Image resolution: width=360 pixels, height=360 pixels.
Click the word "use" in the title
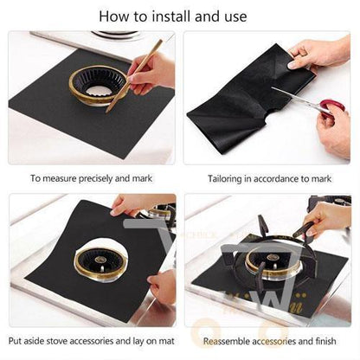[x=234, y=16]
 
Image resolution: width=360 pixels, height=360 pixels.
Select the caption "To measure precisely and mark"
[x=89, y=178]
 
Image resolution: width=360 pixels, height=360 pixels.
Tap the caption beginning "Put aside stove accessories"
[x=89, y=339]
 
